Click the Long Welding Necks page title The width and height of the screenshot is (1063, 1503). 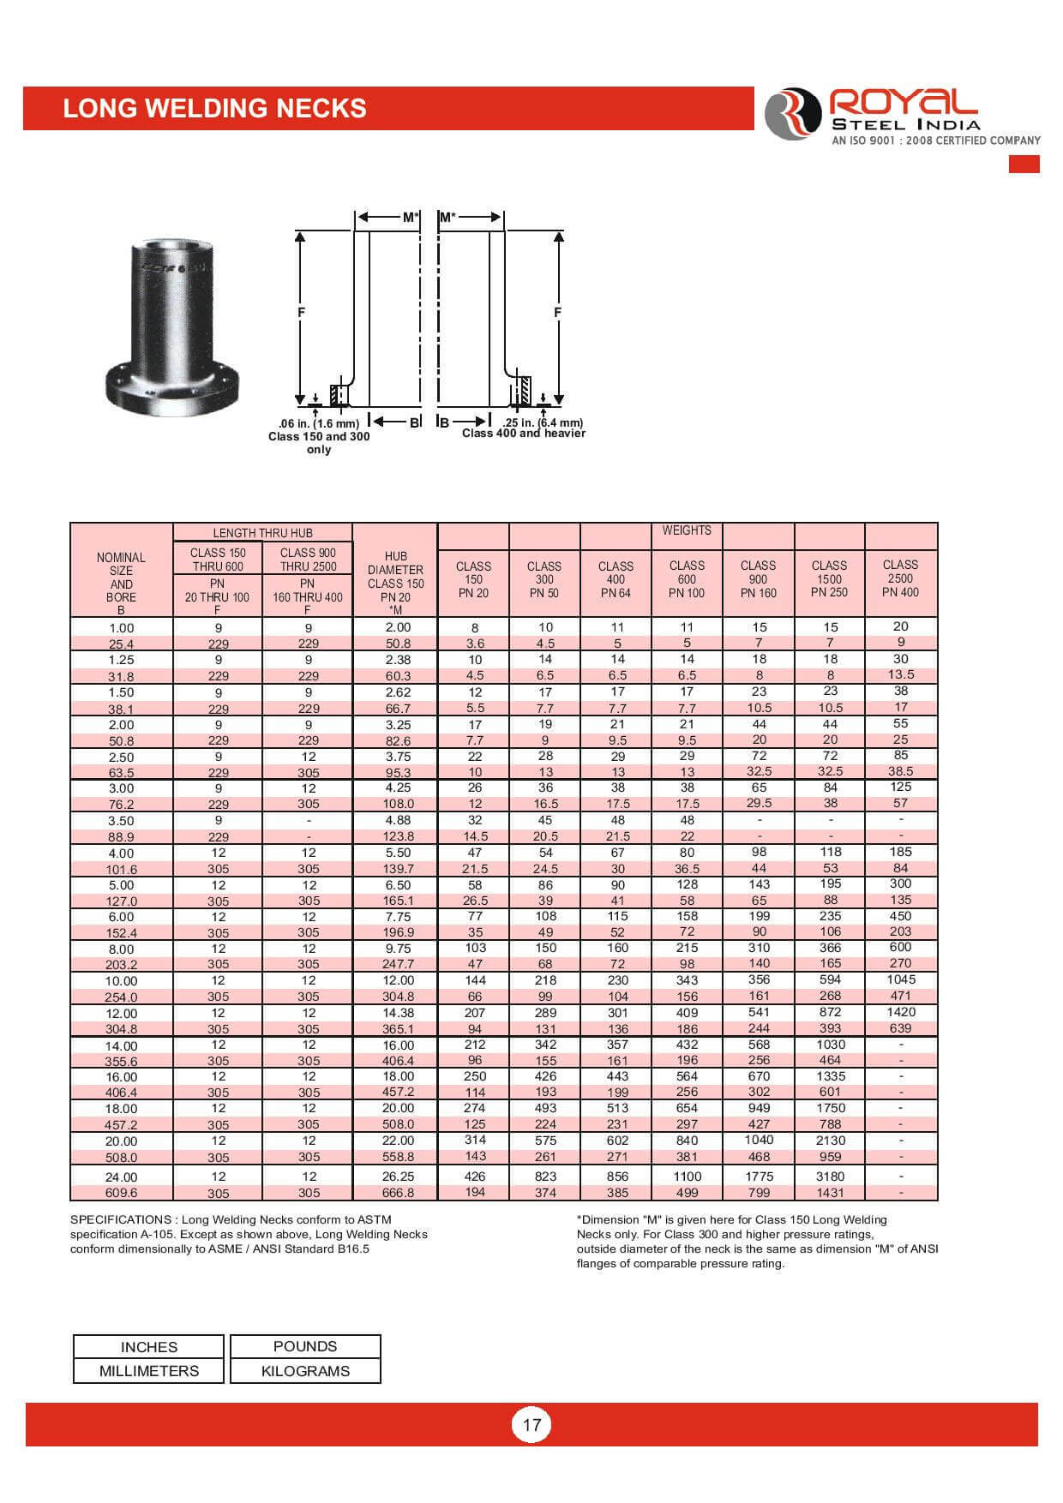[x=214, y=109]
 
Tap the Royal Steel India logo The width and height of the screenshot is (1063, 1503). [x=900, y=114]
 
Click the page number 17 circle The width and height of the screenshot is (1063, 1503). [x=531, y=1424]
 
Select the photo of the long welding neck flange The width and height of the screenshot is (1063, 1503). [x=171, y=326]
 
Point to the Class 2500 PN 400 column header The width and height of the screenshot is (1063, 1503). [x=900, y=578]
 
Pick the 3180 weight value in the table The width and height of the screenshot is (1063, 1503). [x=830, y=1177]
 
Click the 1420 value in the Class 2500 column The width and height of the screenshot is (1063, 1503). [x=900, y=1012]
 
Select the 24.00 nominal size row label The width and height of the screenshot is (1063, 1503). [x=121, y=1177]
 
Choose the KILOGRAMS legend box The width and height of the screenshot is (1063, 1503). [x=305, y=1371]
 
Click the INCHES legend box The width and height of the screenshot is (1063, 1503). [x=148, y=1347]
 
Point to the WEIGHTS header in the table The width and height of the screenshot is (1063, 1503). [x=687, y=530]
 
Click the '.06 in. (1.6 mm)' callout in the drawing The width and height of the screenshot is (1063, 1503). [x=319, y=423]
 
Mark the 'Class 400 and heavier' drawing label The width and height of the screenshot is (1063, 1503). [x=524, y=434]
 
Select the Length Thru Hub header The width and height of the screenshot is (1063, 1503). [x=262, y=533]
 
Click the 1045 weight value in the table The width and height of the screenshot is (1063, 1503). [x=900, y=979]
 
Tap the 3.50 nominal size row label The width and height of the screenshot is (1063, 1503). [x=121, y=821]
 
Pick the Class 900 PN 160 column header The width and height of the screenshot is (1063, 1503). [x=758, y=578]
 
